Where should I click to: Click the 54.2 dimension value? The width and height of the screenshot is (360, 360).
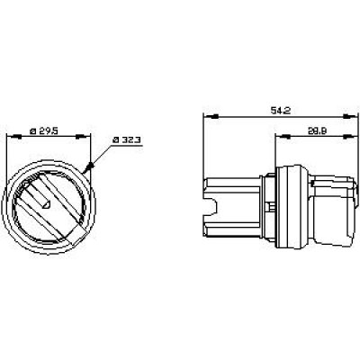pyautogui.click(x=281, y=111)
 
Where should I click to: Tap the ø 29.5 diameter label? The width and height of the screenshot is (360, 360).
pyautogui.click(x=43, y=131)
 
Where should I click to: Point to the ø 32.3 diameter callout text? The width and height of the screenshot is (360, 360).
pyautogui.click(x=127, y=140)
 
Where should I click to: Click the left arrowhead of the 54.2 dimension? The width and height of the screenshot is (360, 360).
pyautogui.click(x=211, y=116)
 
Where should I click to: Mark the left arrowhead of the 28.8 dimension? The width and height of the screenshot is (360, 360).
pyautogui.click(x=283, y=137)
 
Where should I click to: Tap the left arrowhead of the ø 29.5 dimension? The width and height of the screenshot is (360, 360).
pyautogui.click(x=13, y=137)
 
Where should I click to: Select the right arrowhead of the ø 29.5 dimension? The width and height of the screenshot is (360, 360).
pyautogui.click(x=83, y=137)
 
